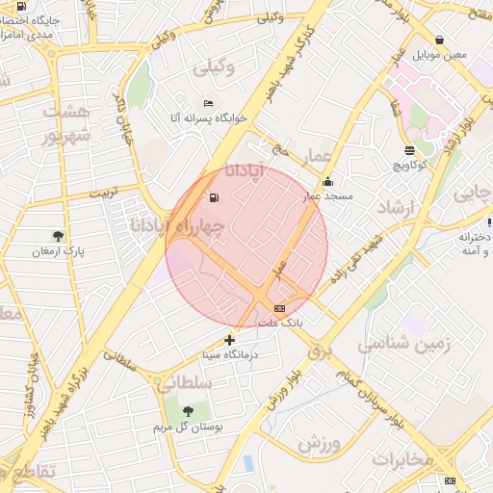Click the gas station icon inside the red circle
tap(213, 198)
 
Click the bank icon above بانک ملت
tap(280, 308)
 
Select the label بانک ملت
tap(280, 324)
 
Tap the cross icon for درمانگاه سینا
tap(229, 339)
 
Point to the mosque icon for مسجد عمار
tap(327, 181)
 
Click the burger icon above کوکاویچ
tap(410, 149)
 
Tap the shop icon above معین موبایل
tap(440, 40)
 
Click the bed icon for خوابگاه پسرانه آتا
tap(209, 103)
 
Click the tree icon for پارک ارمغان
tap(59, 235)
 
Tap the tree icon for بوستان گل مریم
tap(187, 411)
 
